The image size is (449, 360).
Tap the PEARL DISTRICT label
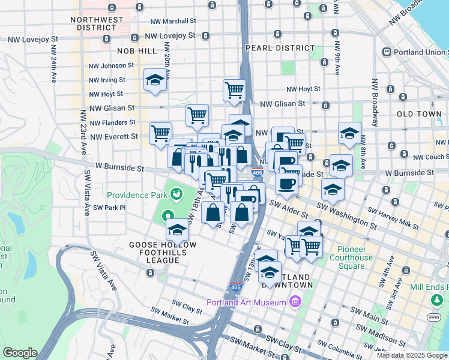(x=280, y=48)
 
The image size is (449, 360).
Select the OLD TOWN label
(x=419, y=113)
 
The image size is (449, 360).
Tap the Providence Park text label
(x=137, y=195)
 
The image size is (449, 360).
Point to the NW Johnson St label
(x=111, y=65)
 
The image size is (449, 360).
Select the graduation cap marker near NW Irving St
(x=155, y=81)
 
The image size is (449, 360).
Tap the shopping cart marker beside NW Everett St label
(x=160, y=134)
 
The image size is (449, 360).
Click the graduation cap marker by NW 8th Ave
(x=349, y=134)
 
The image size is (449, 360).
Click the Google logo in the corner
(x=20, y=352)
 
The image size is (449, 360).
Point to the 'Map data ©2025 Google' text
(x=411, y=355)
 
